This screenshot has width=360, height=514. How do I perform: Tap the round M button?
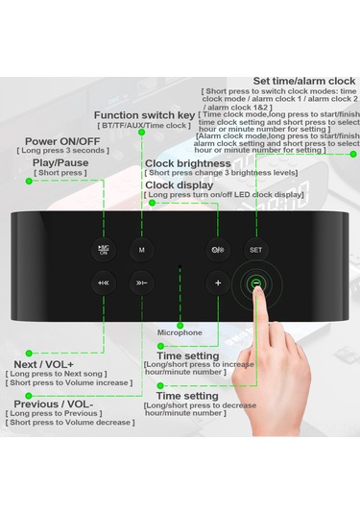click(x=141, y=250)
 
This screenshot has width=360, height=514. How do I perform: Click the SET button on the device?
click(x=255, y=250)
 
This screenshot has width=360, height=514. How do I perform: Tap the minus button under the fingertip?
click(x=255, y=283)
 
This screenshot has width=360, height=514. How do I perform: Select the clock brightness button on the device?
click(x=220, y=250)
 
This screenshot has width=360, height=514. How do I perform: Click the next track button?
click(x=141, y=283)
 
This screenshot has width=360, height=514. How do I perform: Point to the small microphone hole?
click(x=180, y=266)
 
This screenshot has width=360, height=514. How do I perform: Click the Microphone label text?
click(x=180, y=332)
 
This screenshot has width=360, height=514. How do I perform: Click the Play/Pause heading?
click(x=60, y=162)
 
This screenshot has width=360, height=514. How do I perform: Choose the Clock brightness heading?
click(x=188, y=163)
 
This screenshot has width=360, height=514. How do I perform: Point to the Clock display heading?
click(x=179, y=184)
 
